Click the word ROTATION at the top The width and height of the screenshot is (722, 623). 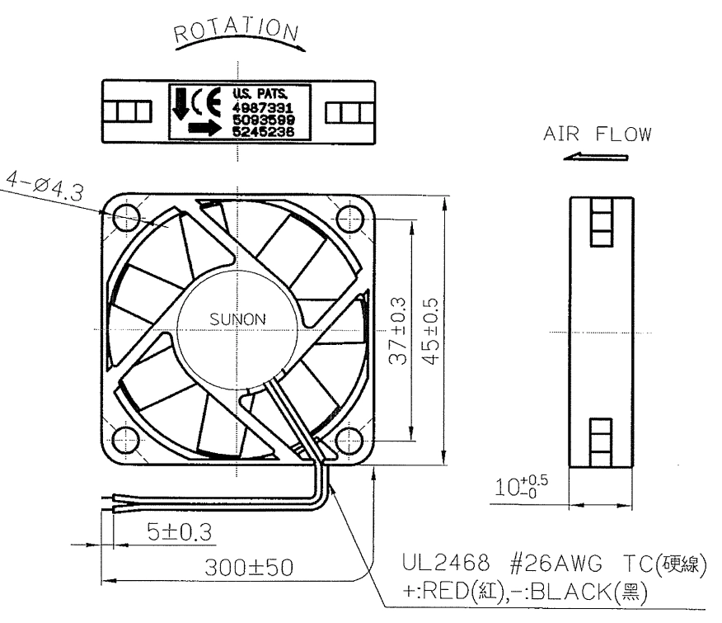click(237, 31)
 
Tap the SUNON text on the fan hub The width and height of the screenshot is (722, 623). click(237, 319)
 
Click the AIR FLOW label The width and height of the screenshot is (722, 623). click(598, 134)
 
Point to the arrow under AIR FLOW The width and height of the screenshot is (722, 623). click(596, 158)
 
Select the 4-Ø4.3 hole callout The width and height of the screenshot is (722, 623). click(45, 186)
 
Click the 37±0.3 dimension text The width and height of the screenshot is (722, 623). click(398, 331)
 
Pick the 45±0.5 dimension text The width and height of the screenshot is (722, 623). click(430, 331)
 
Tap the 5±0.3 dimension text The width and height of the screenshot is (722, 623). click(180, 531)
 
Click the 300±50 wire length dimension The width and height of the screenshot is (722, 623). click(249, 567)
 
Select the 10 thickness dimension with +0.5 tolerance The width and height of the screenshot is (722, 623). click(521, 487)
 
